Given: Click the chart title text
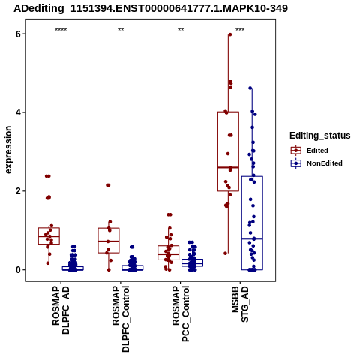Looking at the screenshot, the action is tap(151, 8).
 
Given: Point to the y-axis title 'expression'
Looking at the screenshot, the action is tap(8, 150).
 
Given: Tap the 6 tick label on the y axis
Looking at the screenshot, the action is tap(18, 34).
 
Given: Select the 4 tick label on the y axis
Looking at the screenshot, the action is tap(18, 112).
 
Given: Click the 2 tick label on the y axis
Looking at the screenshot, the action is tap(18, 191).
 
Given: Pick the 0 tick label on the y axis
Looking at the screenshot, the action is tap(18, 270).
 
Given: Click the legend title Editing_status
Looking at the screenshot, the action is tap(320, 136).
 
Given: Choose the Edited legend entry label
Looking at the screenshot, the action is tap(317, 151).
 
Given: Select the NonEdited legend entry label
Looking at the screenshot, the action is tap(325, 163).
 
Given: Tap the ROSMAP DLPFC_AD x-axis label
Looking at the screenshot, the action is tap(61, 310).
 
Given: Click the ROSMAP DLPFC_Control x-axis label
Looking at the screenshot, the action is tap(121, 319).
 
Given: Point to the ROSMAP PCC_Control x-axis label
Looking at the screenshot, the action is tap(181, 313).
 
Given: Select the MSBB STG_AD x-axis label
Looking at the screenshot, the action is tap(240, 304).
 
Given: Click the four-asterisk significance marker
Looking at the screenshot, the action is tap(61, 30).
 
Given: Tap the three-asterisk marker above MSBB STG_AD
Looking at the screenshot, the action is tap(240, 30).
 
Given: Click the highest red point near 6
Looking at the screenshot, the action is tap(230, 34).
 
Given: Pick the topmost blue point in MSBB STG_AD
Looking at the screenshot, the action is tap(250, 88).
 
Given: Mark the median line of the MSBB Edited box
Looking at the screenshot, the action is tap(228, 167).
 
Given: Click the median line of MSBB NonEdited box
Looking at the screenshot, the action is tap(252, 238).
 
